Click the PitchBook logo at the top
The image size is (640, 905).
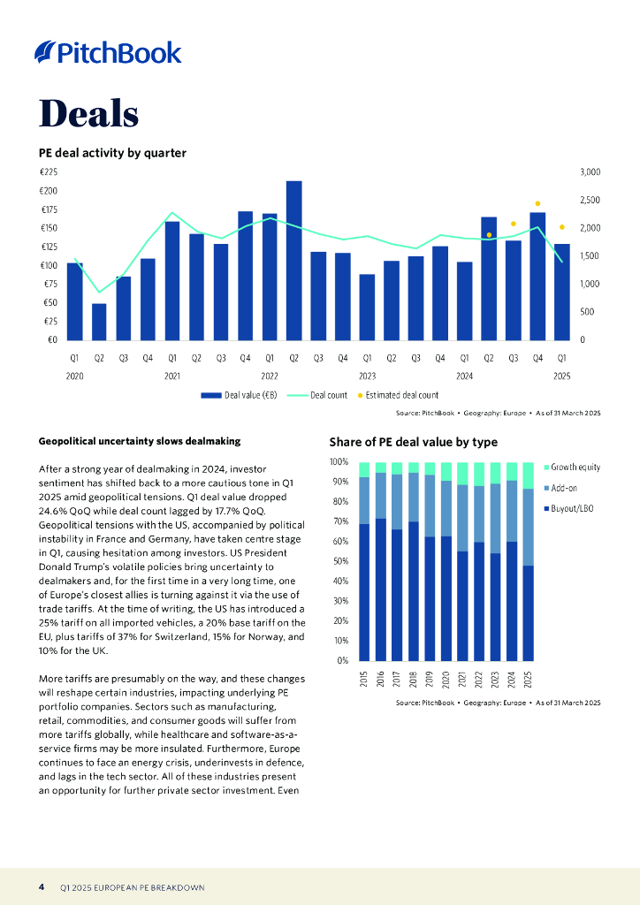[x=108, y=53]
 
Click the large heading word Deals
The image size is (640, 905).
[x=88, y=113]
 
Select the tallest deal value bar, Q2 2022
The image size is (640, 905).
[x=293, y=261]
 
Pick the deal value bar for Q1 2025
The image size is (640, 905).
[x=561, y=292]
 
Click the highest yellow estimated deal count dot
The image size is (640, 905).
[x=537, y=203]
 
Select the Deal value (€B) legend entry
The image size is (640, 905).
[x=240, y=395]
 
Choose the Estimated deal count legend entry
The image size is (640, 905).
[x=398, y=395]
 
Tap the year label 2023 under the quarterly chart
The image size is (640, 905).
[x=367, y=376]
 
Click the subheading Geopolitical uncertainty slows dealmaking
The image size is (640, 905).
[x=140, y=441]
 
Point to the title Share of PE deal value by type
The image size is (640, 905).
[x=413, y=442]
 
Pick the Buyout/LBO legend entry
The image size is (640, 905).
[x=571, y=508]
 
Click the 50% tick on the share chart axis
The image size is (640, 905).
[x=339, y=561]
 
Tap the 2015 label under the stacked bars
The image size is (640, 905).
[x=364, y=679]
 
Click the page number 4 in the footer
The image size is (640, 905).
[x=42, y=886]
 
